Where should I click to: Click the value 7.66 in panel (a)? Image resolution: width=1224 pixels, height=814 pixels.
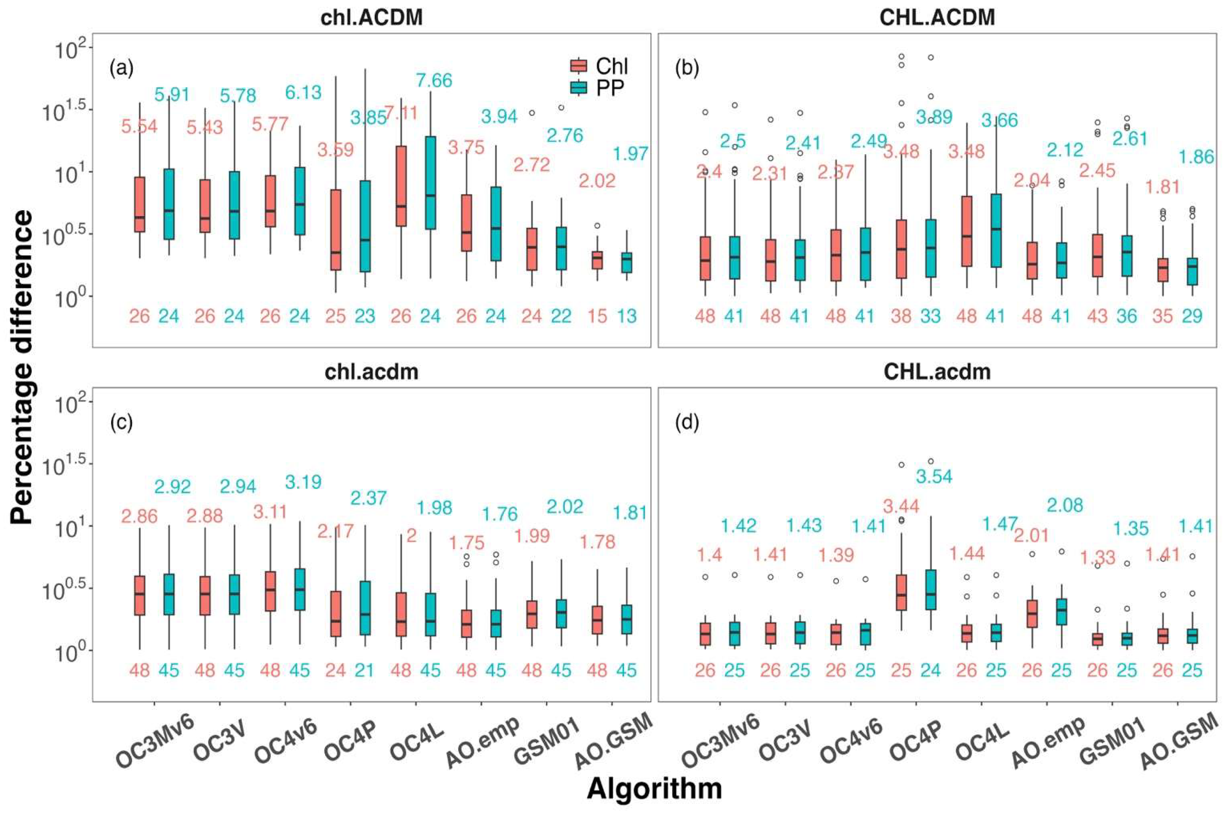pyautogui.click(x=434, y=80)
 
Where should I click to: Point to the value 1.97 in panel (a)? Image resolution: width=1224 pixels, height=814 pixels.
pyautogui.click(x=630, y=154)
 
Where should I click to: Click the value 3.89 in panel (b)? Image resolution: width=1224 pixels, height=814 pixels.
pyautogui.click(x=934, y=117)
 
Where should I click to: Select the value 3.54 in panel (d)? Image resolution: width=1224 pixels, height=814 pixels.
pyautogui.click(x=934, y=476)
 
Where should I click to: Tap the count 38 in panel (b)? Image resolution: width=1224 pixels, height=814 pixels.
pyautogui.click(x=901, y=316)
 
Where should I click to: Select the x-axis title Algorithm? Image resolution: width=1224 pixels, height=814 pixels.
pyautogui.click(x=654, y=789)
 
